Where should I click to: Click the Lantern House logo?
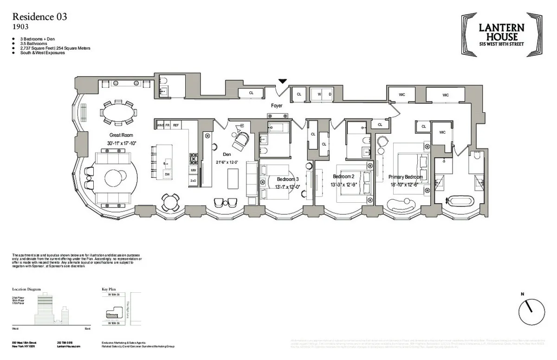[x=502, y=35]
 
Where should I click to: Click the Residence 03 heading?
[x=39, y=17]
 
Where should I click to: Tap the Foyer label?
[x=277, y=106]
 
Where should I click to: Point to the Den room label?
[x=227, y=154]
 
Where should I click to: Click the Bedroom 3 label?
[x=288, y=179]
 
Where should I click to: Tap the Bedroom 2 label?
[x=343, y=177]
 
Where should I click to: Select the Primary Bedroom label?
[x=405, y=177]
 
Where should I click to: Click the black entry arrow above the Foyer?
[x=282, y=82]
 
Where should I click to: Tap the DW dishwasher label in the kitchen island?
[x=167, y=174]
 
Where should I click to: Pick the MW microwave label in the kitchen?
[x=193, y=170]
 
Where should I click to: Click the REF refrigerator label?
[x=176, y=125]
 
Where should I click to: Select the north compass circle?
[x=531, y=312]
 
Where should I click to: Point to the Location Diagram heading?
[x=26, y=289]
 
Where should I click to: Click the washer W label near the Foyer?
[x=319, y=94]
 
